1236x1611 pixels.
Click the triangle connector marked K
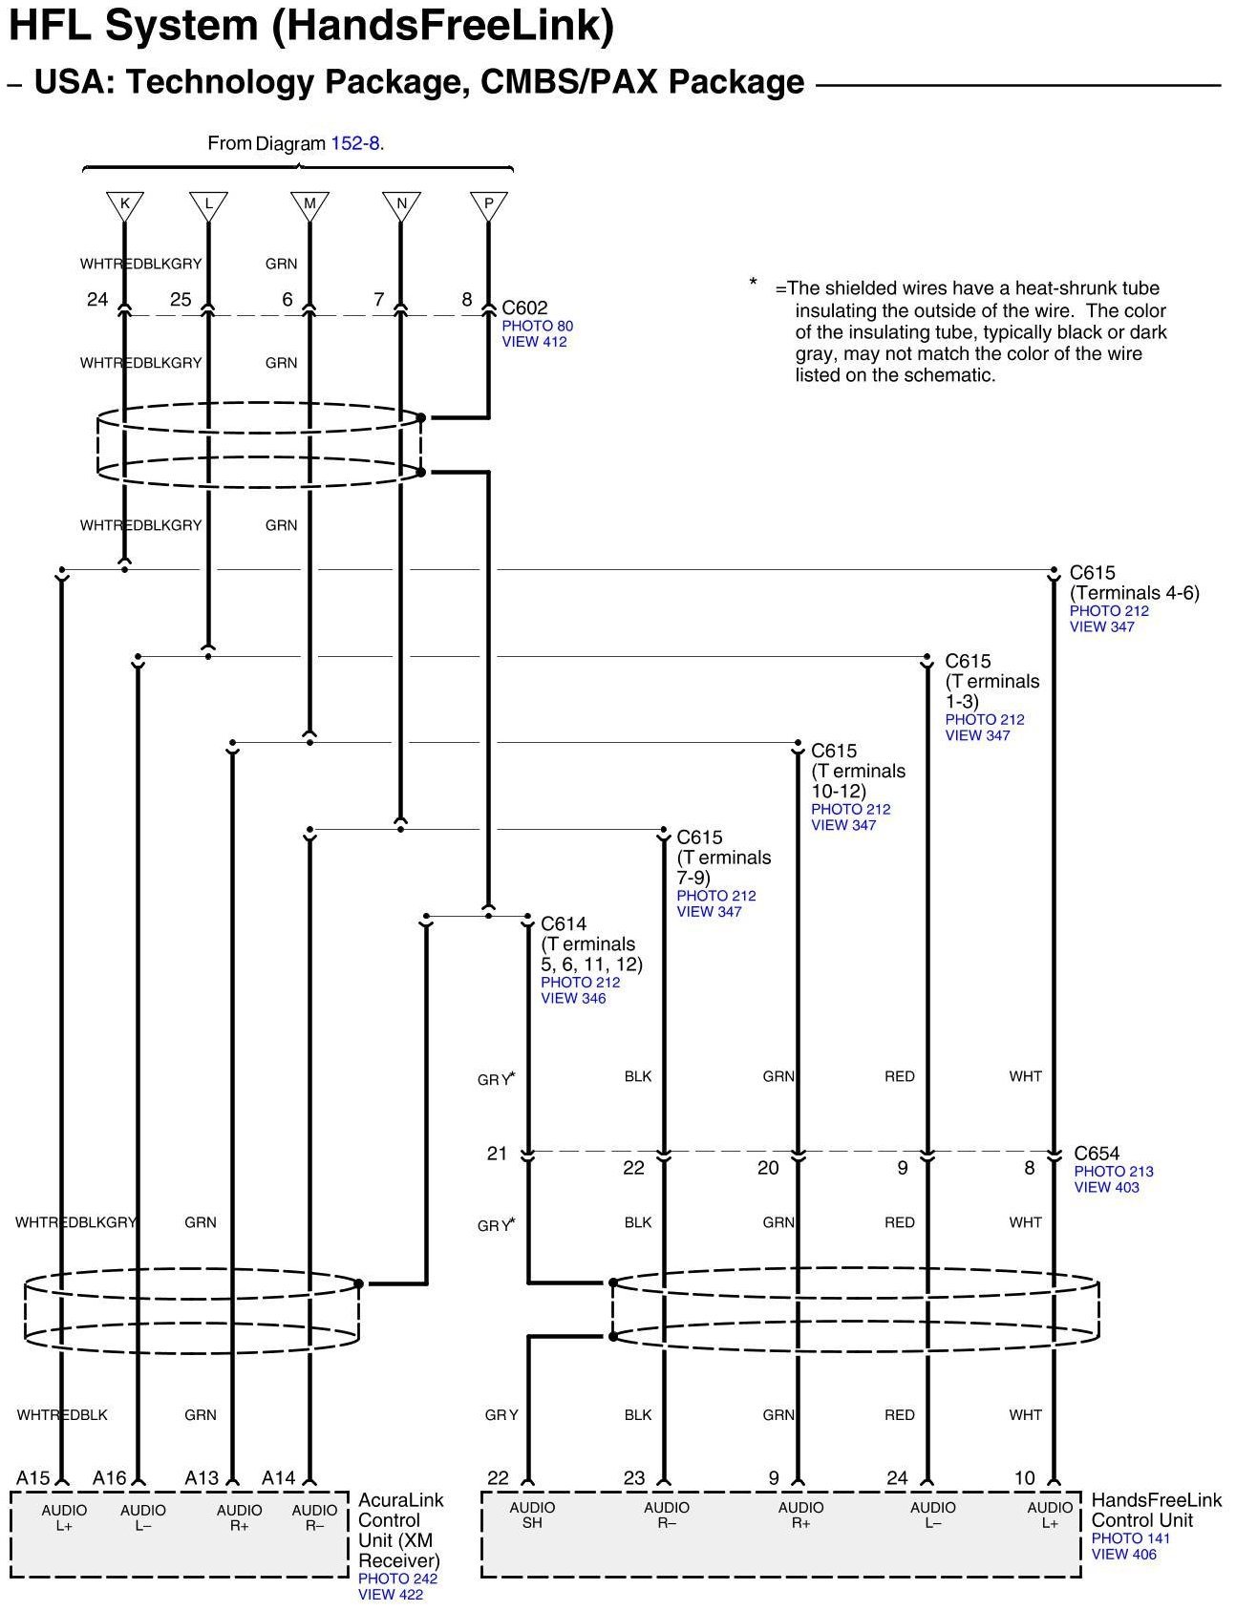(124, 204)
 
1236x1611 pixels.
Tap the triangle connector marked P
(488, 204)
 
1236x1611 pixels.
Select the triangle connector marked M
(309, 204)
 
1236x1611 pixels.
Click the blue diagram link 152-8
(354, 143)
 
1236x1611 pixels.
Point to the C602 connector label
(525, 307)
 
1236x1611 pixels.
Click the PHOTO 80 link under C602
(538, 326)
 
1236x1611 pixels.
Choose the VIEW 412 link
(534, 342)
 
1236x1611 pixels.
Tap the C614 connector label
(564, 923)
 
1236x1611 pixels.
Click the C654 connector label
(1097, 1154)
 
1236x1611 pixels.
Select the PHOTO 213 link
(1114, 1171)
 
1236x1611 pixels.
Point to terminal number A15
(33, 1478)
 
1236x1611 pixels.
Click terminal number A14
(279, 1478)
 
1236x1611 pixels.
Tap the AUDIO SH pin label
(532, 1515)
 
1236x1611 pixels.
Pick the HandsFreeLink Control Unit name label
(1156, 1510)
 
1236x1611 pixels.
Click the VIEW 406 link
(1123, 1554)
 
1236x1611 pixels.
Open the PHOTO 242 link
(397, 1579)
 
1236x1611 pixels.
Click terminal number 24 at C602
(97, 300)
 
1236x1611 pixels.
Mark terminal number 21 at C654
(497, 1154)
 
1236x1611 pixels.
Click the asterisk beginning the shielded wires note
(753, 283)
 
